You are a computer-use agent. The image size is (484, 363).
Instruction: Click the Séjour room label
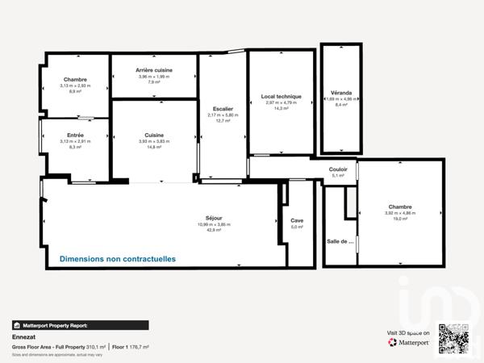(214, 218)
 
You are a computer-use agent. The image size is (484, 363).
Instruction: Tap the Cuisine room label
(154, 135)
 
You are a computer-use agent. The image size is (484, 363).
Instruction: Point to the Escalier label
(223, 108)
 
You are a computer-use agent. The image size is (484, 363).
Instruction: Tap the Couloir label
(339, 169)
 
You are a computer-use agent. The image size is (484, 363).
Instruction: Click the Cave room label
(297, 220)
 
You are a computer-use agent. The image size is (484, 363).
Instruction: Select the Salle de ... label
(340, 241)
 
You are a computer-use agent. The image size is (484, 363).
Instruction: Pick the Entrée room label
(75, 135)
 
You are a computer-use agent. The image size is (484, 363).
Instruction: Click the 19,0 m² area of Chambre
(400, 219)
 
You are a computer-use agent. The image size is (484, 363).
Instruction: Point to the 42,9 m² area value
(214, 230)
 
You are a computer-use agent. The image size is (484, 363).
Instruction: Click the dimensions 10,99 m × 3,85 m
(214, 224)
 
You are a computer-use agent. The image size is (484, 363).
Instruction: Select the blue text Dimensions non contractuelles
(118, 259)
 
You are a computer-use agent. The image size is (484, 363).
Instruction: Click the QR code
(453, 338)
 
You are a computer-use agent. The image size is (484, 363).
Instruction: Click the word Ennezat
(23, 337)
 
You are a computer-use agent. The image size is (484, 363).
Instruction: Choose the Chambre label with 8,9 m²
(75, 79)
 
